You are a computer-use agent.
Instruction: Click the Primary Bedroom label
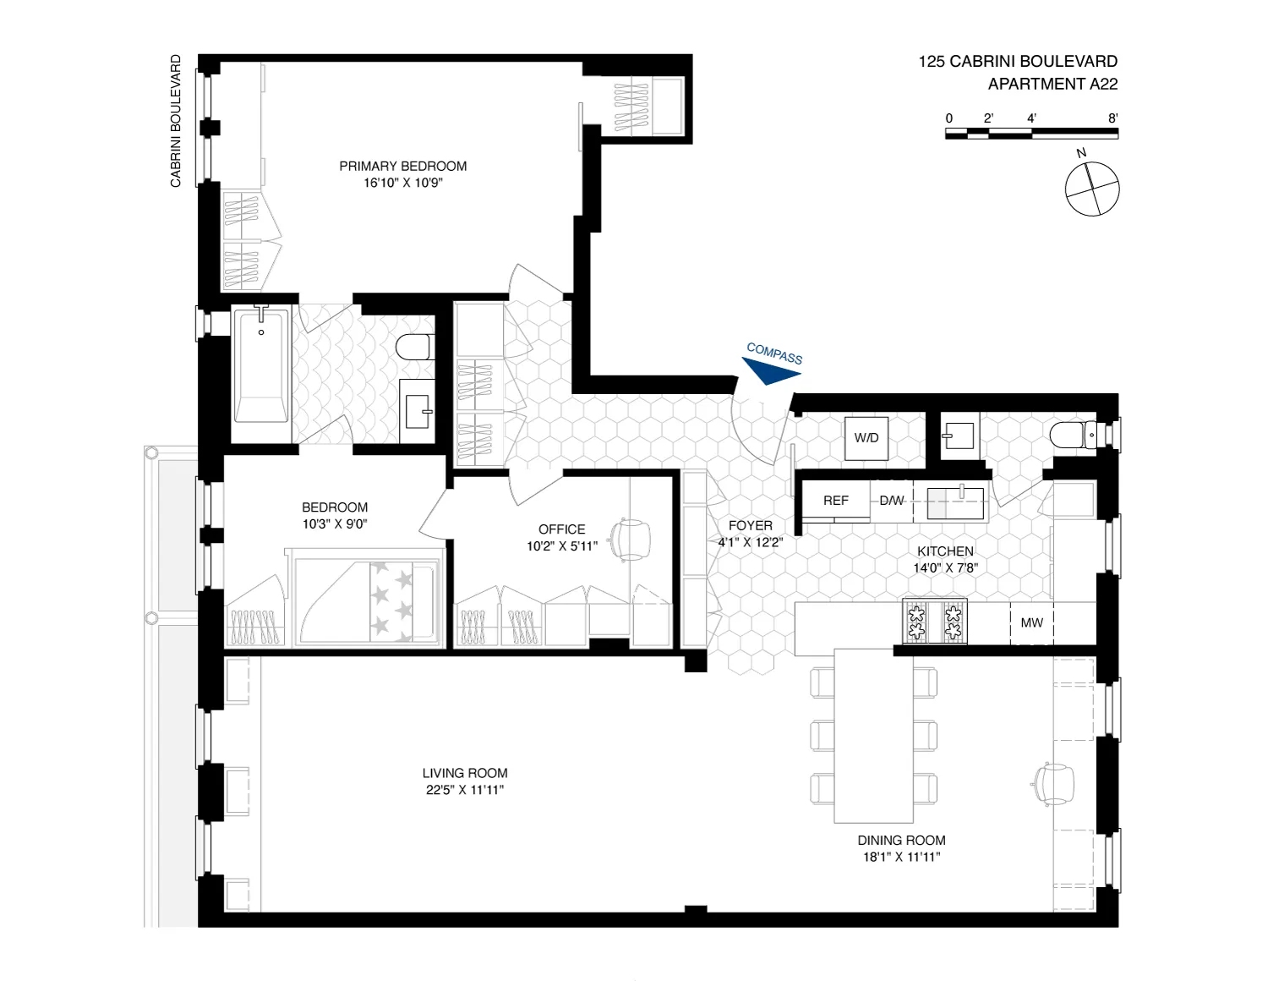click(403, 167)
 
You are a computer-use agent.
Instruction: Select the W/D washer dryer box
click(866, 438)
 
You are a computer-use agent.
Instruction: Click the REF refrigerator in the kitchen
click(835, 501)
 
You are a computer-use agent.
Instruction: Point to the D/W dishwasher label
click(892, 501)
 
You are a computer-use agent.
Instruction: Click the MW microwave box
click(1031, 623)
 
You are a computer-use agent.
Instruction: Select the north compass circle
click(1092, 188)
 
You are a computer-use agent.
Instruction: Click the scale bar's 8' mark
click(1113, 118)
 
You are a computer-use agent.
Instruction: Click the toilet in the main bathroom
click(413, 347)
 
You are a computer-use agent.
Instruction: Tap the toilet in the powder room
click(1073, 436)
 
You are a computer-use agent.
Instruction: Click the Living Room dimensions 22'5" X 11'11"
click(465, 790)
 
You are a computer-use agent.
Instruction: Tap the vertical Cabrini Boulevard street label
click(176, 121)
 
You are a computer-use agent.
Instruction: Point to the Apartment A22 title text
click(1052, 84)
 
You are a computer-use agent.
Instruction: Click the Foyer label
click(750, 526)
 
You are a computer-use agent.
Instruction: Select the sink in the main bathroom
click(418, 411)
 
